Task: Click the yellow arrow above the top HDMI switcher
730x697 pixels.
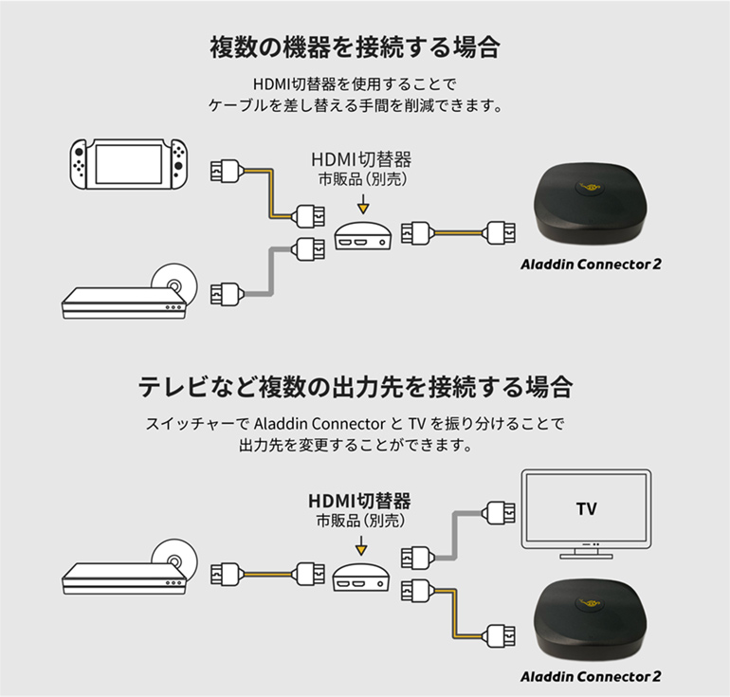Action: tap(362, 204)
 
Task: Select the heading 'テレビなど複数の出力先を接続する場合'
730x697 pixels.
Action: tap(356, 387)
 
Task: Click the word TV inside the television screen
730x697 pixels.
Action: tap(587, 508)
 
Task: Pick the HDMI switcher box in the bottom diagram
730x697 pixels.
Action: tap(360, 577)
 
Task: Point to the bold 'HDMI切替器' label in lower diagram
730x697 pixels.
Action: tap(360, 500)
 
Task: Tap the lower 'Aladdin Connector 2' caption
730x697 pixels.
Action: tap(590, 677)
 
